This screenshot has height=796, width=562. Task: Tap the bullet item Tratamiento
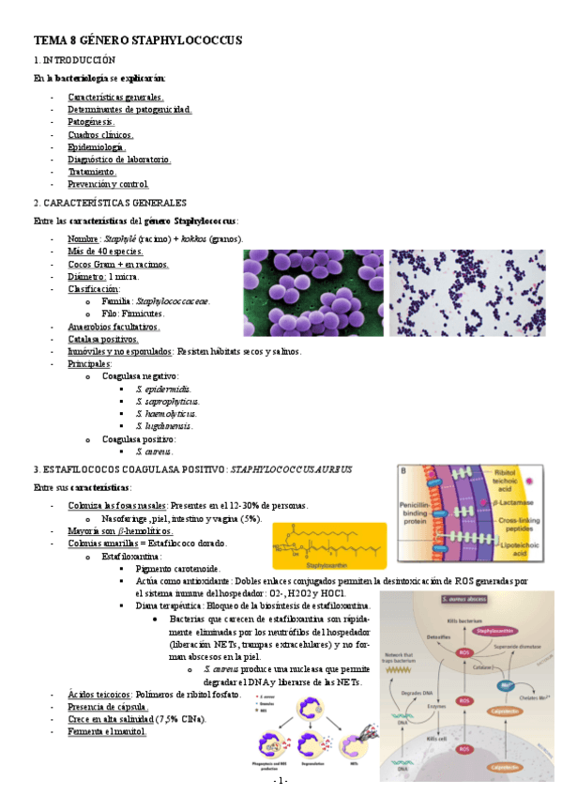click(92, 172)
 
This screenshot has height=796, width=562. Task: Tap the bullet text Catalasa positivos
click(103, 339)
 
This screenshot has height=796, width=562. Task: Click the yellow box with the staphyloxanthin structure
click(322, 545)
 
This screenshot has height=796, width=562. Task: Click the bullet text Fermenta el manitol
click(108, 732)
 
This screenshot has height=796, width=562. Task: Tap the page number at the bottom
click(281, 781)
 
